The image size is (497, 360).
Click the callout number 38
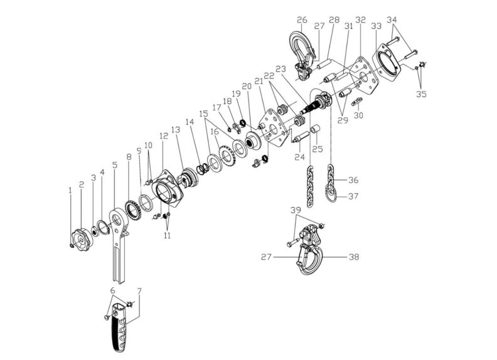355,257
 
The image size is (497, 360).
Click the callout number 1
70,189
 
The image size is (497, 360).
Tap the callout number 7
139,291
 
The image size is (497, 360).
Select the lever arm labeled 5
119,241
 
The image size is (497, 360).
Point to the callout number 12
163,135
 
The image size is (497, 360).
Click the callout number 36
354,180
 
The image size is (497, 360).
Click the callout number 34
392,20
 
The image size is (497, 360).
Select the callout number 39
296,209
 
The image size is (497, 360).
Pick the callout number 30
360,115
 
